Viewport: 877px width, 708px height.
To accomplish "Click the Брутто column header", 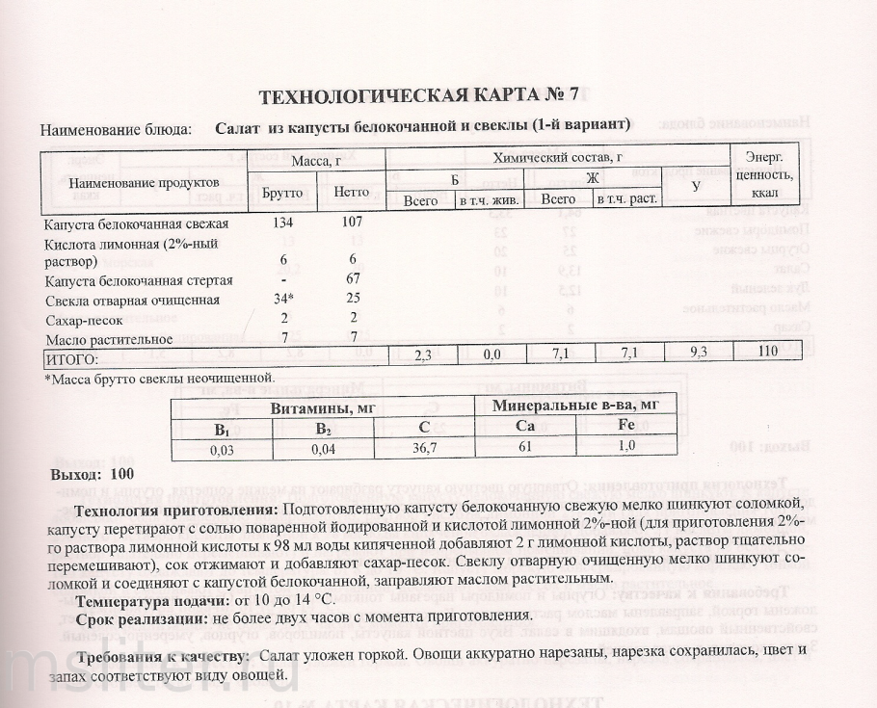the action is [x=281, y=192].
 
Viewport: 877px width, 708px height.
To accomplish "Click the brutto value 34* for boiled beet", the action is [x=281, y=300].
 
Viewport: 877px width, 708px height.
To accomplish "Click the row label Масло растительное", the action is [x=109, y=338].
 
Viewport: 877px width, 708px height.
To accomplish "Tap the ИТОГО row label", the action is [x=73, y=356].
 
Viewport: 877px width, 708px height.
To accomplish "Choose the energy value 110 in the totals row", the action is [x=767, y=353].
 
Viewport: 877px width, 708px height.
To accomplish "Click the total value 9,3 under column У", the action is [x=696, y=354].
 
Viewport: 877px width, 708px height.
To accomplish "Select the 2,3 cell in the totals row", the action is [x=421, y=354].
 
